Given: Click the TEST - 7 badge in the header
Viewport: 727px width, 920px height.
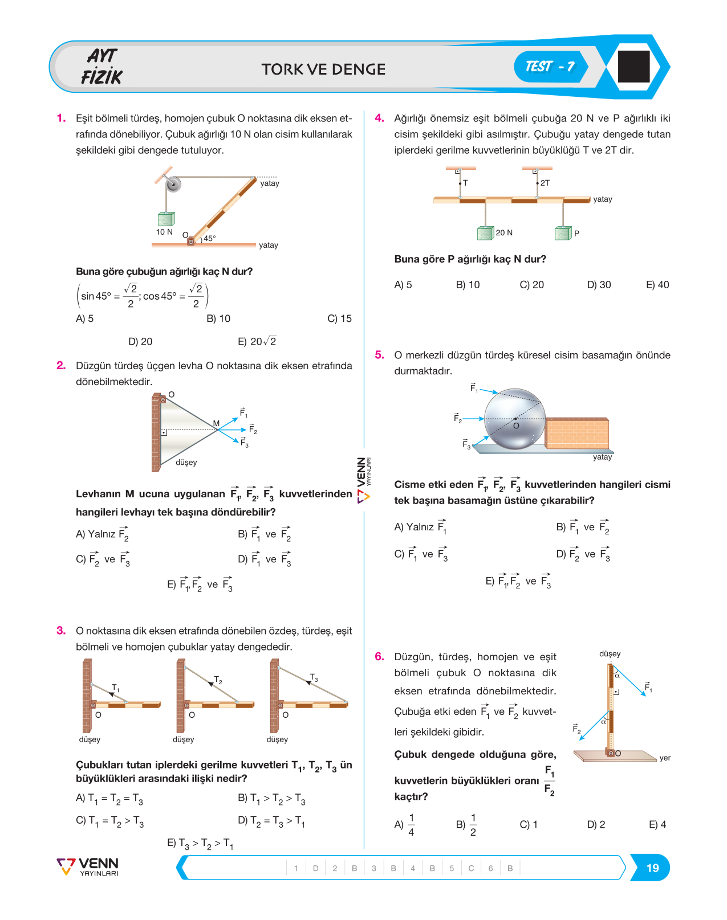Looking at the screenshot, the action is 550,67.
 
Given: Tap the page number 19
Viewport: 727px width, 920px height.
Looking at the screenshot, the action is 652,868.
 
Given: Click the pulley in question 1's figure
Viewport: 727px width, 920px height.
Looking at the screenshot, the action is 173,184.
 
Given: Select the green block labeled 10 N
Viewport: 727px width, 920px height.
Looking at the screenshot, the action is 166,218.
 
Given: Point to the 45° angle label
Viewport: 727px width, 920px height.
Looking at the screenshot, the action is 210,238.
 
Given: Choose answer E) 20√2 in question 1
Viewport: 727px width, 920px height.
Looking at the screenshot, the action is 257,341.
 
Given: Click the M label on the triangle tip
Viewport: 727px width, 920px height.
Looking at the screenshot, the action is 217,423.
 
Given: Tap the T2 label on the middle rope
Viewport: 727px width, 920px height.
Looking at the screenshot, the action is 218,679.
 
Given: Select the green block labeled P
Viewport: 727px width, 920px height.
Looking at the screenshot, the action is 563,233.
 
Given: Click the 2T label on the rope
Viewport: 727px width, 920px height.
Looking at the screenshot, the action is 545,183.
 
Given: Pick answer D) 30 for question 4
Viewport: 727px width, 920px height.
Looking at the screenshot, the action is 599,285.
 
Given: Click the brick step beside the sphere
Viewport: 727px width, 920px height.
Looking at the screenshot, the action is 577,433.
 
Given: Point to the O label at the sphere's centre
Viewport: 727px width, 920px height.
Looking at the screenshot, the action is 516,426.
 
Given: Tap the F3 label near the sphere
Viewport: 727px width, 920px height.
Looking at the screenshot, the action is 466,444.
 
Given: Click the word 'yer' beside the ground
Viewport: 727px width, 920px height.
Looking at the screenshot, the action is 664,758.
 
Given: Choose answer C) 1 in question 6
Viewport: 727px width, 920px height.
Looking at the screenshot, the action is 529,824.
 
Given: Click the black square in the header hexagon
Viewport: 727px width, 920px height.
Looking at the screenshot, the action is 633,66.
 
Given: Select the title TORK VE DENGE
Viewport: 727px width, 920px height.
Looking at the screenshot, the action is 323,69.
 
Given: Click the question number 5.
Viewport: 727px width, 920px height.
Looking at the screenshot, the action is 380,355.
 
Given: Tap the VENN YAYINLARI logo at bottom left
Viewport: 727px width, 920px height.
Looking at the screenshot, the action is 88,867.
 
